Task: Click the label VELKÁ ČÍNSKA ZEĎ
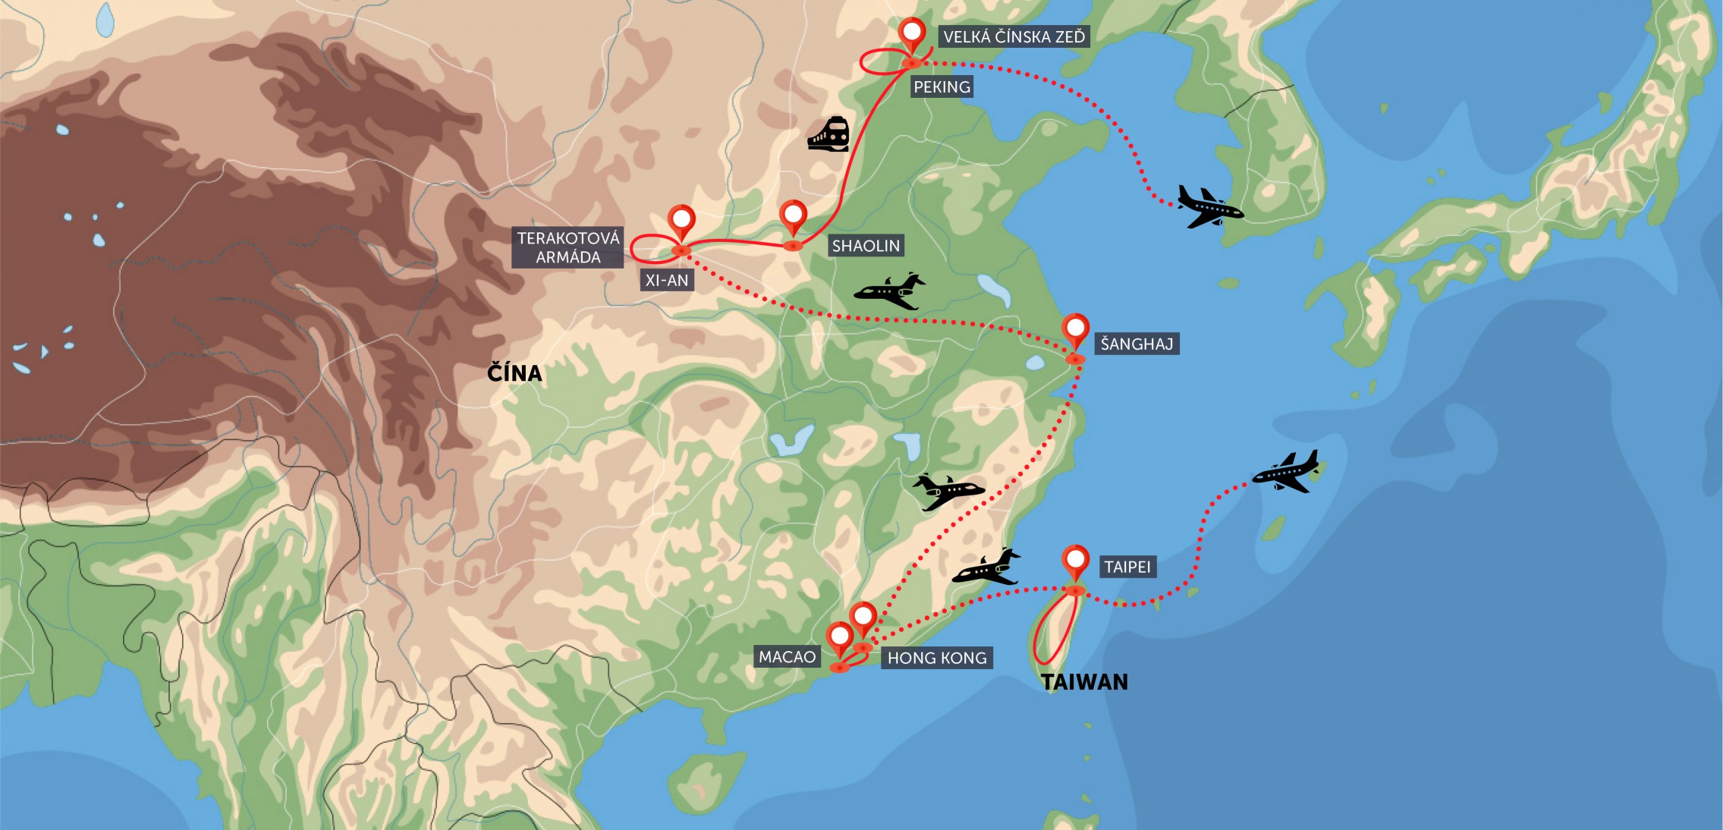tap(1014, 36)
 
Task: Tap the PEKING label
tap(942, 86)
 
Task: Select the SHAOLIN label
tap(866, 246)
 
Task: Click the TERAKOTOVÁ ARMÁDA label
tap(568, 247)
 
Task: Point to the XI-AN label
tap(667, 281)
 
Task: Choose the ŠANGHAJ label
tap(1137, 344)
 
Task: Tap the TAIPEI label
tap(1127, 567)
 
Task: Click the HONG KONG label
tap(937, 658)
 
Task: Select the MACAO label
tap(787, 657)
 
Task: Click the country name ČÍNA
tap(514, 373)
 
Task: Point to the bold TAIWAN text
tap(1084, 682)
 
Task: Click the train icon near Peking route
tap(828, 134)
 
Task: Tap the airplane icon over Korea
tap(1209, 206)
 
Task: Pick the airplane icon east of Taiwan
tap(1287, 471)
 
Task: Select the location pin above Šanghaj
tap(1075, 331)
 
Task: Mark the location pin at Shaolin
tap(793, 217)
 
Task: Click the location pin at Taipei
tap(1075, 562)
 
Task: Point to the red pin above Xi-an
tap(681, 222)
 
